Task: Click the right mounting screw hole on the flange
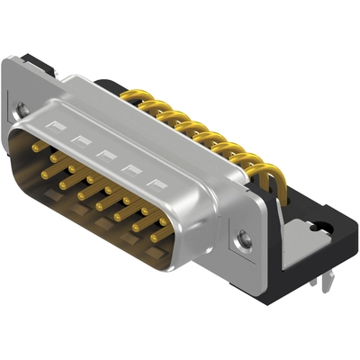(245, 239)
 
